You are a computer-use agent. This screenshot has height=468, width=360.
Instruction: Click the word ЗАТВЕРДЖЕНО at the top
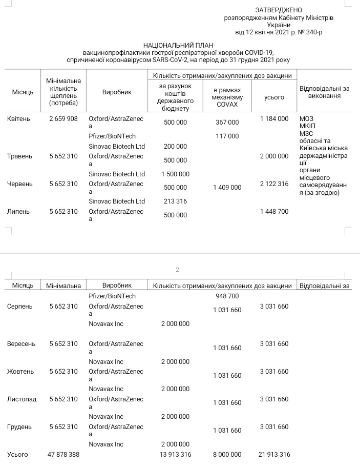tap(279, 10)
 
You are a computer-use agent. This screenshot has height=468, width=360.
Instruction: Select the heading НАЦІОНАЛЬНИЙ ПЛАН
tap(178, 45)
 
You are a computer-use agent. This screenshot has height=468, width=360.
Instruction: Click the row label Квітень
tap(19, 119)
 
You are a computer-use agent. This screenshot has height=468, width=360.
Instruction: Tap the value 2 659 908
tap(63, 119)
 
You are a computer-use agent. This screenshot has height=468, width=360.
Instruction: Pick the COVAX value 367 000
tap(227, 123)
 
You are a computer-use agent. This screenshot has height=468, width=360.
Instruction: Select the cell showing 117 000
tap(227, 136)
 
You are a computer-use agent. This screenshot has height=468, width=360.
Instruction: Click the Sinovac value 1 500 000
tap(175, 174)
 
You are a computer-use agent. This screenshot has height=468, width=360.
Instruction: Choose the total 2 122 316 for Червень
tap(274, 184)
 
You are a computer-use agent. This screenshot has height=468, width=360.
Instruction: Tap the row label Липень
tap(19, 212)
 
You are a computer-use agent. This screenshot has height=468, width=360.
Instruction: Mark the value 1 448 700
tap(274, 212)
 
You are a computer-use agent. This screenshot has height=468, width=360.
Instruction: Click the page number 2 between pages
tap(178, 270)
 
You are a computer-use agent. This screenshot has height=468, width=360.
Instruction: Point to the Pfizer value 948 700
tap(227, 296)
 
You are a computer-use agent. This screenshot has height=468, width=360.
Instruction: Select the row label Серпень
tap(20, 307)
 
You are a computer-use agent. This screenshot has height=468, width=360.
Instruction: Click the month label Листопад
tap(22, 399)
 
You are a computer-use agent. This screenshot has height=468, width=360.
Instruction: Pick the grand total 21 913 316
tap(274, 455)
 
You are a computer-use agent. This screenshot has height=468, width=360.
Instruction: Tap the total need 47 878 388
tap(63, 455)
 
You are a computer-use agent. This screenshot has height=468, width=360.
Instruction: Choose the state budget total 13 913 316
tap(175, 455)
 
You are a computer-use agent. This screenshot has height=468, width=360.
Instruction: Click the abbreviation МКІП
tap(307, 126)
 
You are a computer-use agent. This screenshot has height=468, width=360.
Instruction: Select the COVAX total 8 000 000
tap(227, 455)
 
